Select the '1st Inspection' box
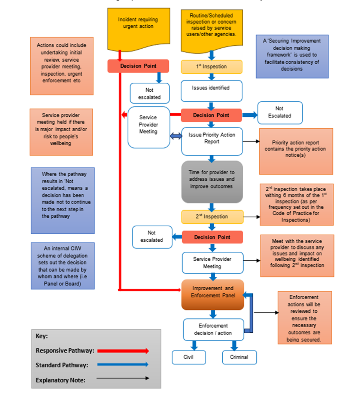point(211,67)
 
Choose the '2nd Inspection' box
point(212,217)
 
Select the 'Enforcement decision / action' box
point(213,329)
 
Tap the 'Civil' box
point(189,357)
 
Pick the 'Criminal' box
point(240,357)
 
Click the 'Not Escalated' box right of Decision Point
point(280,113)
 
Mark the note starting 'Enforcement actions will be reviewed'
point(304,318)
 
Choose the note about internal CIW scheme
point(62,266)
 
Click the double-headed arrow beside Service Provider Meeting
point(176,137)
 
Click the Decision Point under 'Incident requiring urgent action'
point(138,66)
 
